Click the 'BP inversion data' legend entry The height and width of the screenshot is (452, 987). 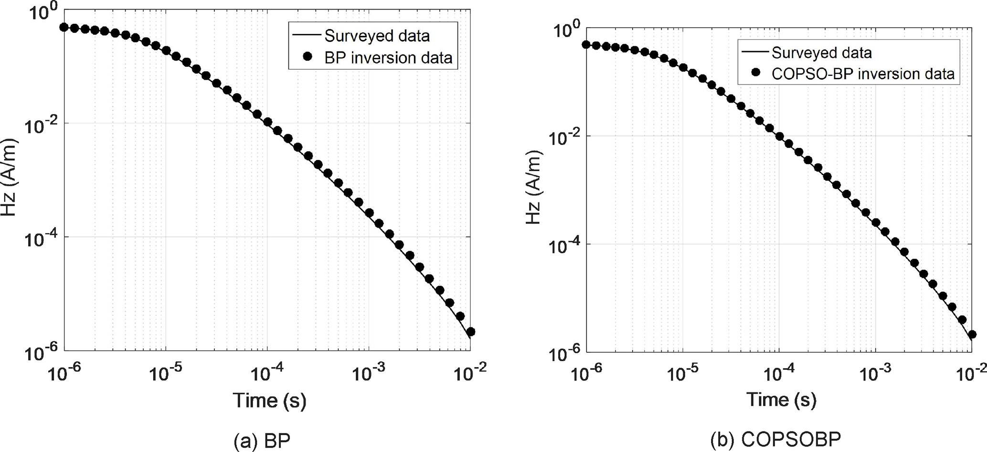388,58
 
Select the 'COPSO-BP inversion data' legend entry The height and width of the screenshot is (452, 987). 863,74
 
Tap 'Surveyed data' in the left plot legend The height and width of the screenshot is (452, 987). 377,36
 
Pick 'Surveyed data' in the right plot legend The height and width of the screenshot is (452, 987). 821,53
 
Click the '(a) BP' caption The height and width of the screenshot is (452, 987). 262,441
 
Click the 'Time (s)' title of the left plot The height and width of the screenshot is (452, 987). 269,400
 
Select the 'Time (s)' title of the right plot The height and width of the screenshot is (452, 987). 781,399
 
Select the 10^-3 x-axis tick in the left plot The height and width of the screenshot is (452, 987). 368,373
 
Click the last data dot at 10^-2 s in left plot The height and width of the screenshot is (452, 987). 470,332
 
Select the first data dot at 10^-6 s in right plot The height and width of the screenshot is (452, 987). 586,44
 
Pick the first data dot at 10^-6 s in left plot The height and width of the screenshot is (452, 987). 64,27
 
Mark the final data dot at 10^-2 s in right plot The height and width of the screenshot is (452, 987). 971,335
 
